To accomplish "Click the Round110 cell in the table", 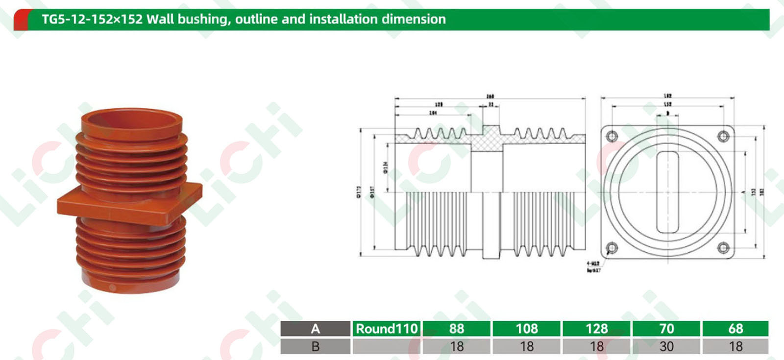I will (x=386, y=329).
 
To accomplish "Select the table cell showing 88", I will (x=456, y=329).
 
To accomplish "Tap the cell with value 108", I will (x=527, y=329).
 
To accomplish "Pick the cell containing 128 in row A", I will (x=596, y=329).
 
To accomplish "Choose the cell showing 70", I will (x=666, y=329).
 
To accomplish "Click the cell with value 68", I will (x=735, y=329).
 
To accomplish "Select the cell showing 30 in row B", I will (x=666, y=347).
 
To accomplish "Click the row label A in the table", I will (x=315, y=329).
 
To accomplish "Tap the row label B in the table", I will (x=315, y=347).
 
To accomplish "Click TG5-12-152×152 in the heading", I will (x=92, y=20).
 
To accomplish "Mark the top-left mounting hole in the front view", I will (x=612, y=136).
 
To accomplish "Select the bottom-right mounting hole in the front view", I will (x=723, y=247).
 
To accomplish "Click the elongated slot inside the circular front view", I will (x=667, y=192).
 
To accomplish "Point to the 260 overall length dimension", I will (x=490, y=96).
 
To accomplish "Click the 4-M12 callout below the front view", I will (x=593, y=264).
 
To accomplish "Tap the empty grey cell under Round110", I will (x=386, y=347).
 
